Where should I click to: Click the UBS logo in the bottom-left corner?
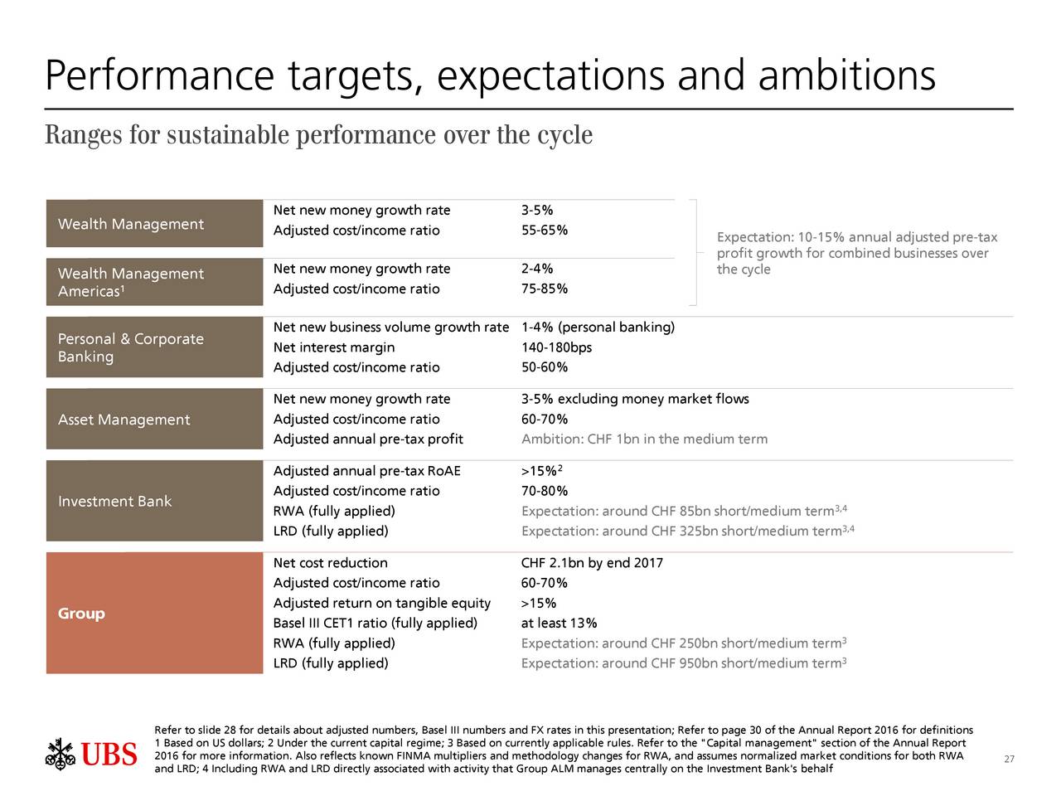coord(91,754)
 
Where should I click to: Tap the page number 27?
coord(1009,760)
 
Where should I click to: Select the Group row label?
coord(81,614)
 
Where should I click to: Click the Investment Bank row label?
coord(114,502)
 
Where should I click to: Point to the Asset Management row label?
coord(124,420)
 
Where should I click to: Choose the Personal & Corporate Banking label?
coord(130,347)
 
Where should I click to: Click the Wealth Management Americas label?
coord(130,282)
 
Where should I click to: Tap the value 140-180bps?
coord(556,347)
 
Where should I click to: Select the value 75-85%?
coord(544,289)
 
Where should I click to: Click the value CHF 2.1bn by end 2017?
coord(592,564)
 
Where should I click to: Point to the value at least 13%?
coord(559,624)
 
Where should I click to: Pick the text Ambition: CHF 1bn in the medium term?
coord(644,439)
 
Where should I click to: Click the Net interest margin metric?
coord(333,347)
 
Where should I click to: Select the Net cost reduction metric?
coord(330,564)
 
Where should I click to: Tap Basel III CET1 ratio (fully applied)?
coord(375,624)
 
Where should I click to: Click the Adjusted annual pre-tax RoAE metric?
coord(366,472)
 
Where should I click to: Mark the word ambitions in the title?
coord(846,76)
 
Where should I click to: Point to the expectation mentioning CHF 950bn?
coord(681,663)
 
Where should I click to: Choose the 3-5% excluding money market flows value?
coord(635,400)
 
